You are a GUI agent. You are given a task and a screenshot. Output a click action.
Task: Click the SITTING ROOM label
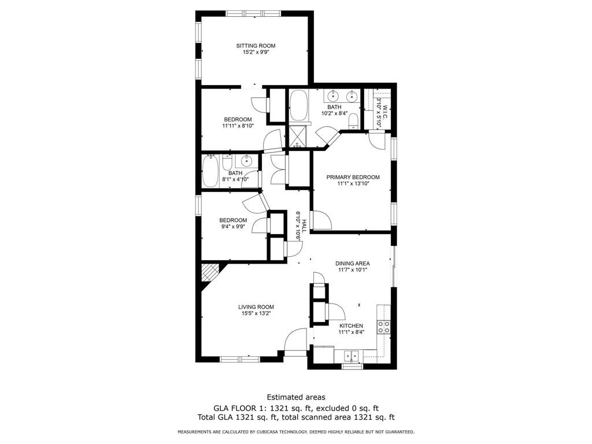pyautogui.click(x=256, y=46)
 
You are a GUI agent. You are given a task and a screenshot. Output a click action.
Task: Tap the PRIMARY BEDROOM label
pyautogui.click(x=353, y=177)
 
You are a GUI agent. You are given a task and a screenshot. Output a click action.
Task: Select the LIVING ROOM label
pyautogui.click(x=256, y=307)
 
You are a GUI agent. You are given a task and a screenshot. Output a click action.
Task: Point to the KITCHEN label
pyautogui.click(x=351, y=325)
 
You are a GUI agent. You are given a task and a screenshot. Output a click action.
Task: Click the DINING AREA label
pyautogui.click(x=352, y=263)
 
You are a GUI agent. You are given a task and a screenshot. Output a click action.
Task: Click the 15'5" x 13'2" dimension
pyautogui.click(x=256, y=313)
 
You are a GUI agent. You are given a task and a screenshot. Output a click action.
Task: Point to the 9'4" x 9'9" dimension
pyautogui.click(x=233, y=227)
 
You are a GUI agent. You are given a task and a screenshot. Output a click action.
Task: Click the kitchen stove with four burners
pyautogui.click(x=383, y=327)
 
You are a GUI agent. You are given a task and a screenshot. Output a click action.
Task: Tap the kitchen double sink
pyautogui.click(x=350, y=355)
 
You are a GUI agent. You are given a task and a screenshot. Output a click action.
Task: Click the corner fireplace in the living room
pyautogui.click(x=209, y=272)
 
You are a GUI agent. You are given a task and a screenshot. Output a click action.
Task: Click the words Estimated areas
pyautogui.click(x=295, y=397)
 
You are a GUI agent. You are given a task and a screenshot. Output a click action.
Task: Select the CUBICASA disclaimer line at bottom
pyautogui.click(x=295, y=432)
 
